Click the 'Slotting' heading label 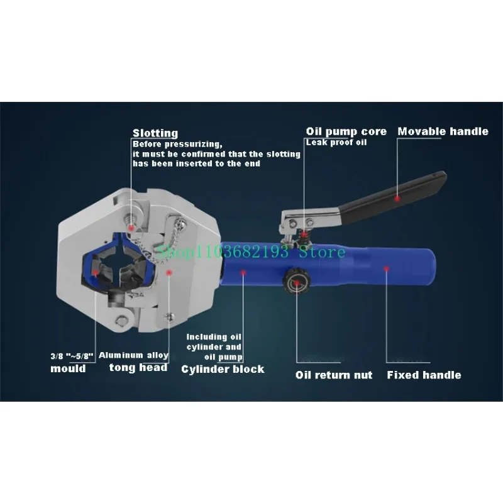point(155,133)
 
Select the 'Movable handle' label point(443,131)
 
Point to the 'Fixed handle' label point(423,375)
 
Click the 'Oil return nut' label point(334,375)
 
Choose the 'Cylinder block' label point(223,369)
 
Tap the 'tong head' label point(138,368)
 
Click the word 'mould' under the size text point(68,368)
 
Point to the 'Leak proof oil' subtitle point(337,143)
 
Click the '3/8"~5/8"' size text point(72,356)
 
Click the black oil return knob point(295,277)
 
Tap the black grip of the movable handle point(402,195)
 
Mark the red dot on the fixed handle point(387,270)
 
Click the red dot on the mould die point(95,274)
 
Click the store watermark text point(251,252)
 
